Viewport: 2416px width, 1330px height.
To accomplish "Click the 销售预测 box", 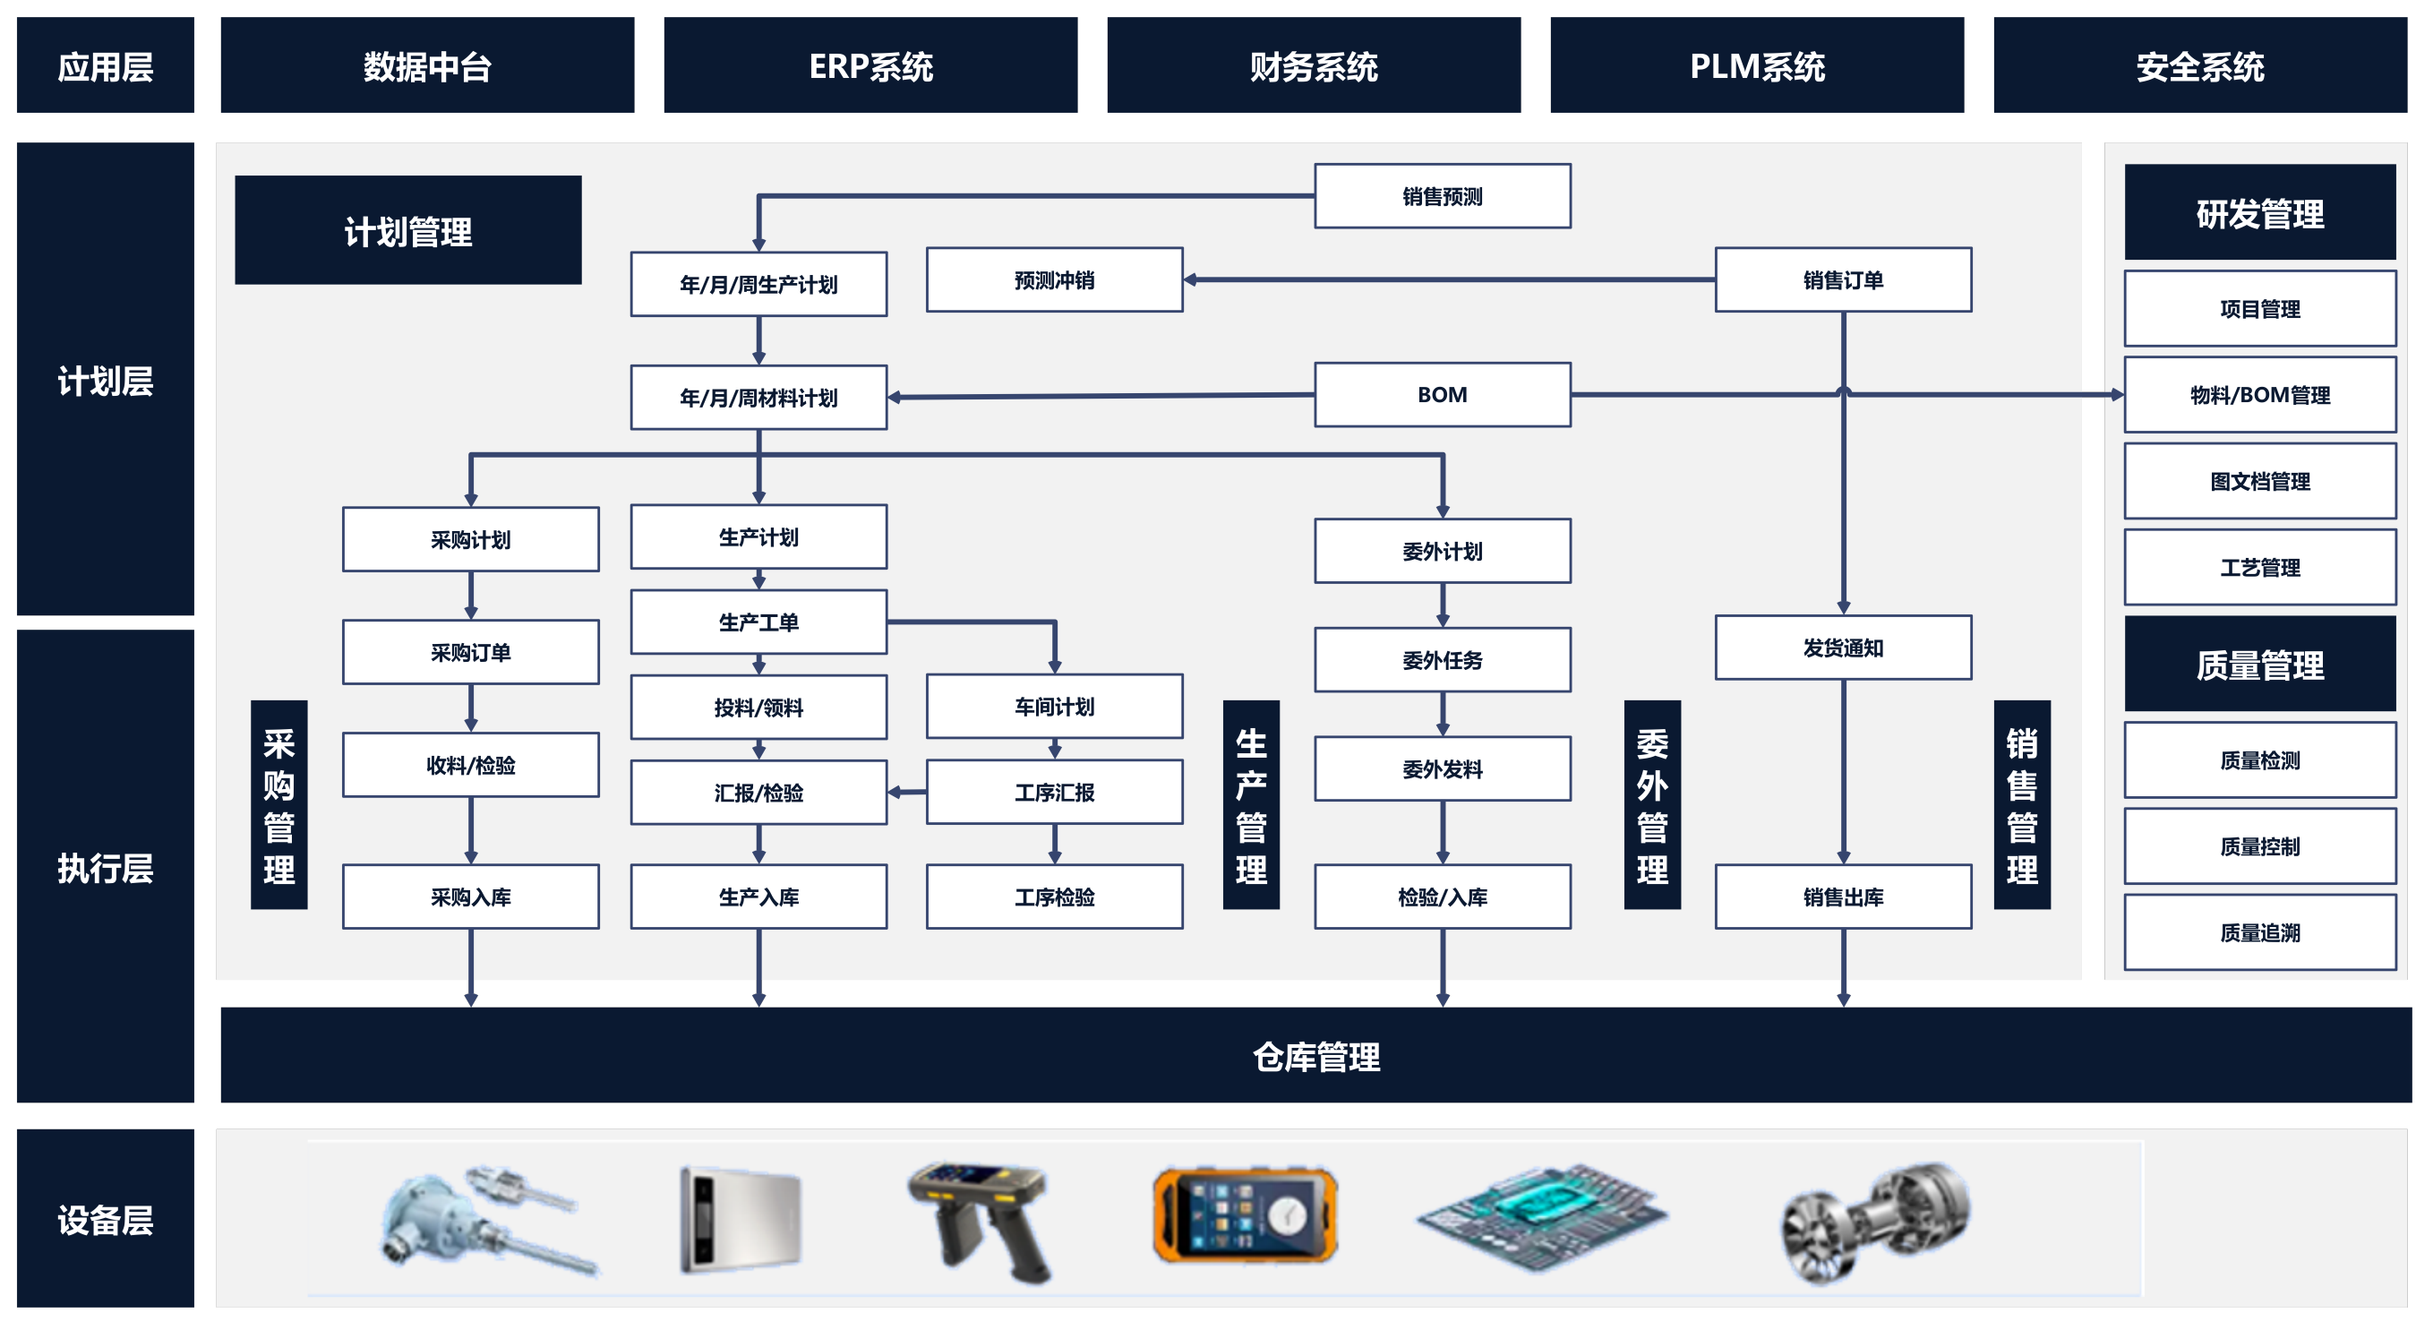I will click(x=1442, y=196).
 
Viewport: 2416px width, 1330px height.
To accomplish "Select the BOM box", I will click(x=1442, y=395).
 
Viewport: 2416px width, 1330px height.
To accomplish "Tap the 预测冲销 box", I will click(x=1054, y=279).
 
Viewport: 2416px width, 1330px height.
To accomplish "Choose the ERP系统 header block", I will click(x=870, y=65).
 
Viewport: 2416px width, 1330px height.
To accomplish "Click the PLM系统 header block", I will click(x=1756, y=65).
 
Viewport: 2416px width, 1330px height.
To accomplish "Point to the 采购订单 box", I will click(x=470, y=652).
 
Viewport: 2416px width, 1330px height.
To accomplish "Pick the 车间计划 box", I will click(x=1054, y=707).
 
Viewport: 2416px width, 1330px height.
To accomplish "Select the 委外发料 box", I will click(x=1442, y=769).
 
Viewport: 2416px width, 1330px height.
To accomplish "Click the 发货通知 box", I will click(x=1842, y=648).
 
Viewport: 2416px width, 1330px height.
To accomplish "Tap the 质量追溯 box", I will click(x=2258, y=932).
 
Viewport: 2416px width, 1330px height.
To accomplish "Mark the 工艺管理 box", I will click(x=2258, y=568).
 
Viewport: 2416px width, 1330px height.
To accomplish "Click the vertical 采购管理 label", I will click(x=278, y=805).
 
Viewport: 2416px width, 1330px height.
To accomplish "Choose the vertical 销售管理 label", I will click(x=2021, y=805).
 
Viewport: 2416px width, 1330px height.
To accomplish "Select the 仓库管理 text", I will click(x=1315, y=1056).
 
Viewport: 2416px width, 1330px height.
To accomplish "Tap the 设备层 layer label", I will click(x=105, y=1218).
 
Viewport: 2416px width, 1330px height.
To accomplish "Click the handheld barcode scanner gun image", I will click(x=980, y=1219).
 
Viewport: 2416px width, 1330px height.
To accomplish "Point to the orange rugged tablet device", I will click(x=1245, y=1215).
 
